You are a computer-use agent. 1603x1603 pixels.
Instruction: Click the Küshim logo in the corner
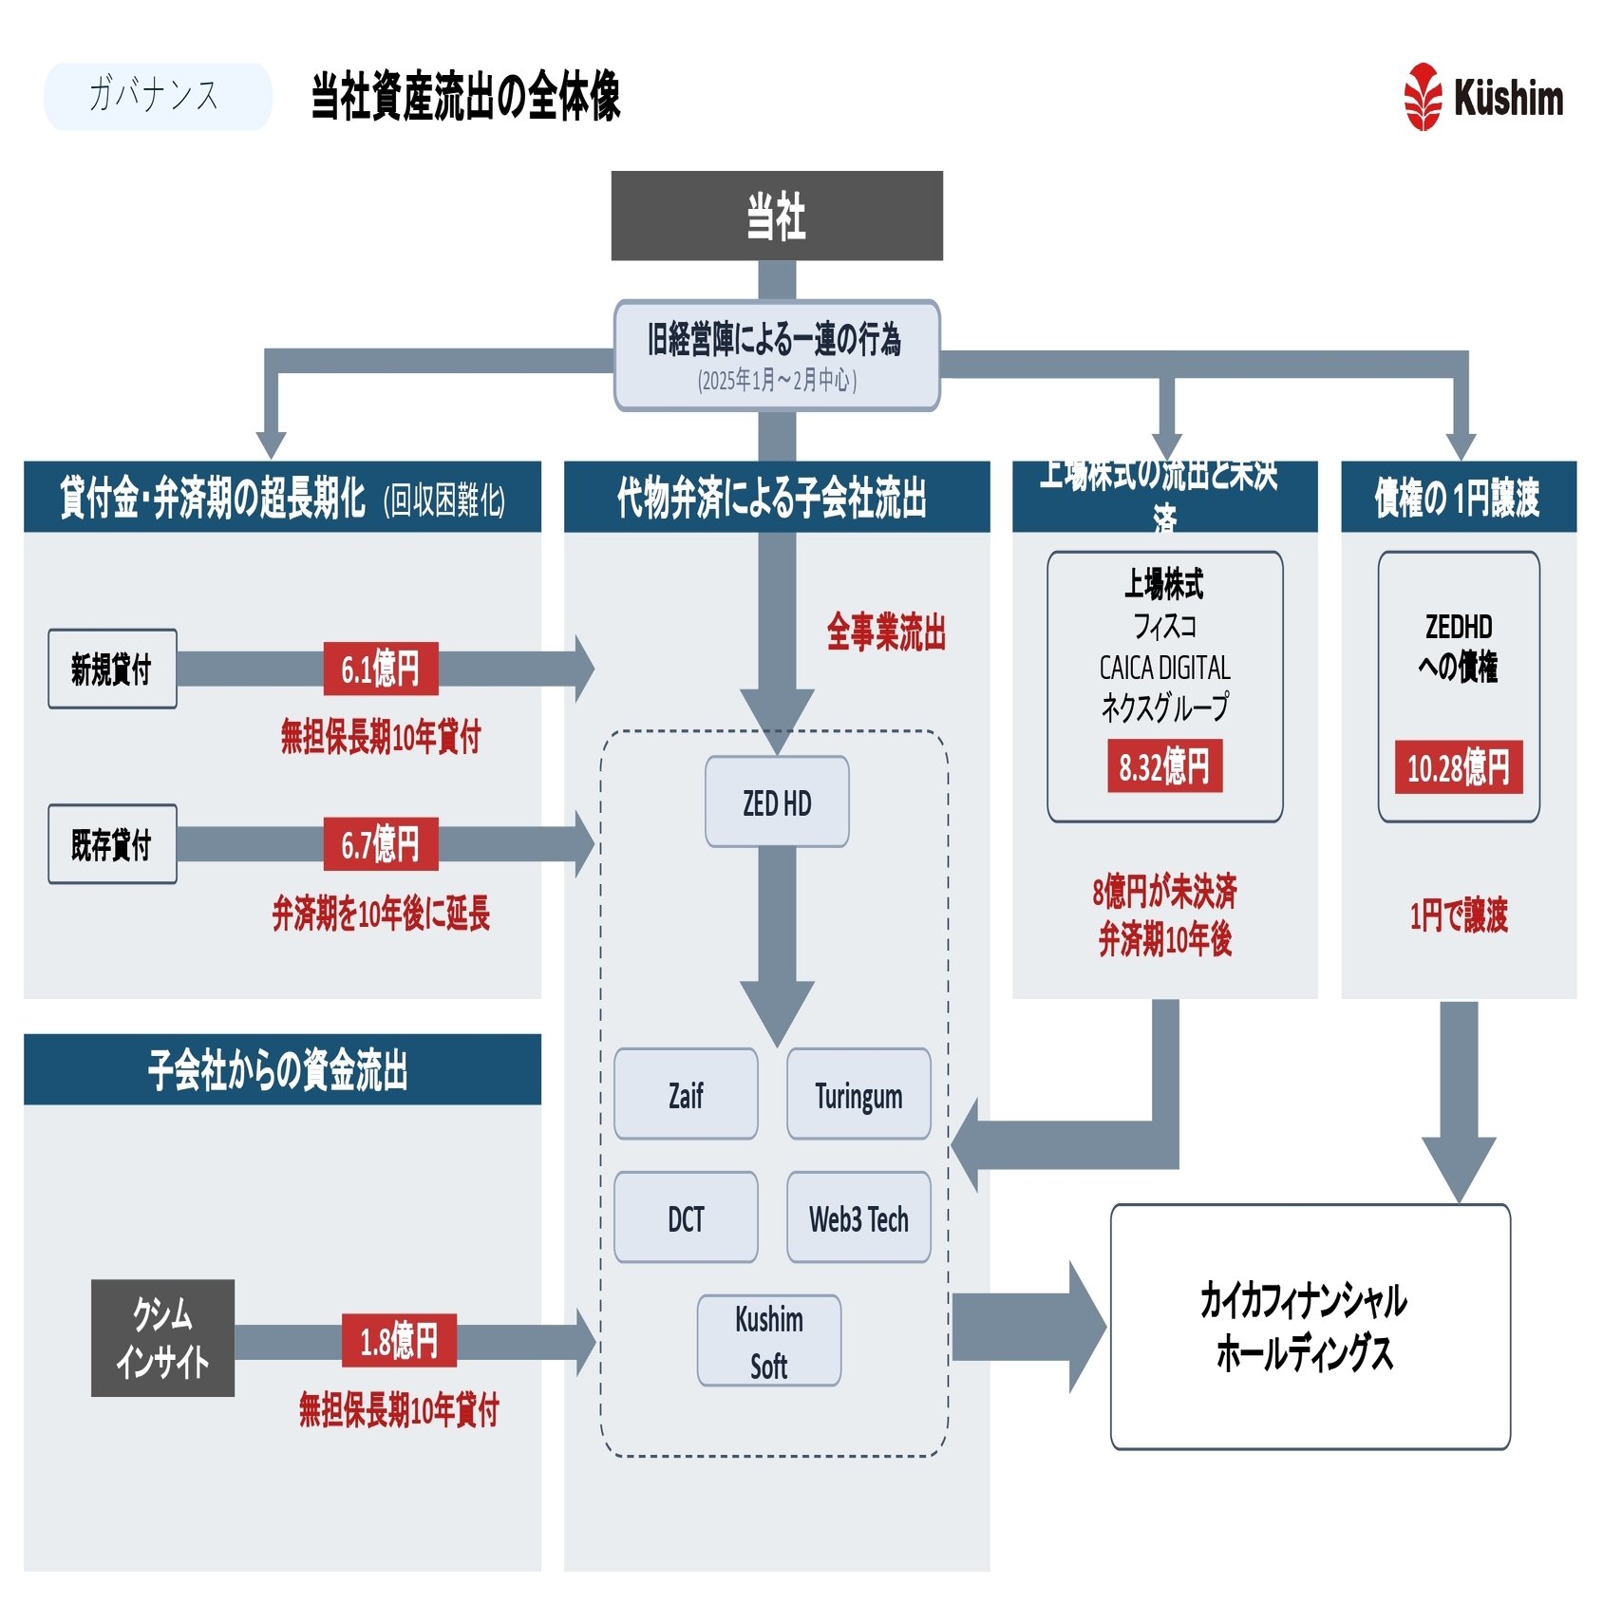tap(1482, 97)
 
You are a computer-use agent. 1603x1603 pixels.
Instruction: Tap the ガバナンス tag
tap(158, 96)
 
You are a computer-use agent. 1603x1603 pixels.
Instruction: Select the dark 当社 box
tap(776, 216)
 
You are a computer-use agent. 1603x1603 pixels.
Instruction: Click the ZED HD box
tap(776, 801)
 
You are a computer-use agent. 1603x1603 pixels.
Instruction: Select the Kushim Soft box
tap(768, 1340)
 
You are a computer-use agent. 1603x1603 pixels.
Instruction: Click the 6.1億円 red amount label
tap(380, 669)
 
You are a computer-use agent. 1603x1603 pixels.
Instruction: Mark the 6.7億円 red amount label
tap(380, 843)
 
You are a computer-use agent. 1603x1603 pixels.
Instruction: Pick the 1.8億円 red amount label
tap(399, 1340)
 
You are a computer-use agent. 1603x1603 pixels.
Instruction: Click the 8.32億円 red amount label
tap(1164, 766)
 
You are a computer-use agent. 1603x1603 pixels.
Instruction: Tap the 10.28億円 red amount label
tap(1458, 766)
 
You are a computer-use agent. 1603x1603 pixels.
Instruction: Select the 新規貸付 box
tap(112, 669)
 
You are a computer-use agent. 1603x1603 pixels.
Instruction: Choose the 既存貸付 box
tap(112, 843)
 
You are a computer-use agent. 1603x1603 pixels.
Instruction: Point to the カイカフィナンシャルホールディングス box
tap(1310, 1326)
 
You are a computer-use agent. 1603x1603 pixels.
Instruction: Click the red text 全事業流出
tap(885, 632)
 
